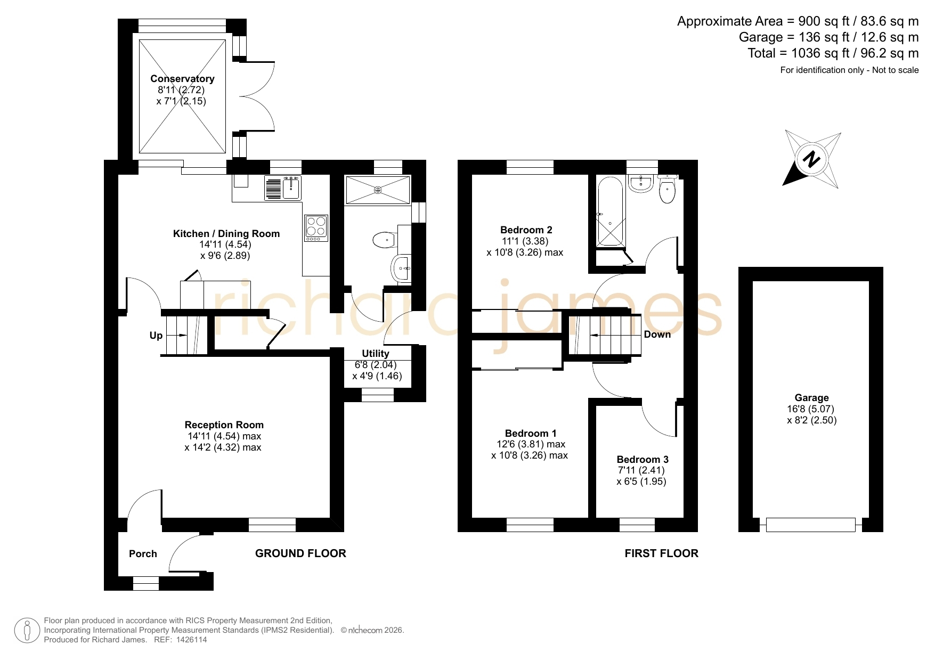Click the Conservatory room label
[x=182, y=79]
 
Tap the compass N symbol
[x=811, y=159]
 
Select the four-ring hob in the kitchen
[x=316, y=226]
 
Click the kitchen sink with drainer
[x=283, y=188]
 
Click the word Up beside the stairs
[x=156, y=336]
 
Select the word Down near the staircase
[x=657, y=334]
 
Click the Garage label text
[x=811, y=398]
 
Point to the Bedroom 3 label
[x=643, y=459]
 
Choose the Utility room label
[x=376, y=354]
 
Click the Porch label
[x=143, y=554]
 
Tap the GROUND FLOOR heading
[x=300, y=553]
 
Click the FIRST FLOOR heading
[x=661, y=553]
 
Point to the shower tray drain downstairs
[x=378, y=190]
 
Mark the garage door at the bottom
[x=811, y=525]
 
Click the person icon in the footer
[x=27, y=631]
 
